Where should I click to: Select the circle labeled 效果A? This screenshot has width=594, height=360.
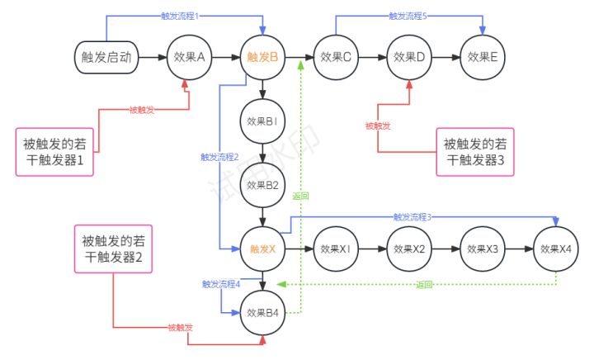[190, 57]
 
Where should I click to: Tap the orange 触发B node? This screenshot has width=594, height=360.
[262, 57]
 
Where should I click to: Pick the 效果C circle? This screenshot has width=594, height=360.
[335, 57]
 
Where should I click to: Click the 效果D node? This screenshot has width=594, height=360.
[408, 57]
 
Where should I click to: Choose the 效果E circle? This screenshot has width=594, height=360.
[482, 57]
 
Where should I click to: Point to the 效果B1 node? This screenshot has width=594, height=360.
[262, 121]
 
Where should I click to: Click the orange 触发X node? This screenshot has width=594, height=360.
[262, 249]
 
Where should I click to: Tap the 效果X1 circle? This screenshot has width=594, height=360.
[335, 249]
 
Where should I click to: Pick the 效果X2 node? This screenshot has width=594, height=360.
[408, 249]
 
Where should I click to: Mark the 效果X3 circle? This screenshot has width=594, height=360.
[482, 249]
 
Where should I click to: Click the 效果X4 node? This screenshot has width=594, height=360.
[555, 249]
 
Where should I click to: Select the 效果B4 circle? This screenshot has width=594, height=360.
[262, 313]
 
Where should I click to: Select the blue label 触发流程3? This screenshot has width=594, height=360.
[412, 217]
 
